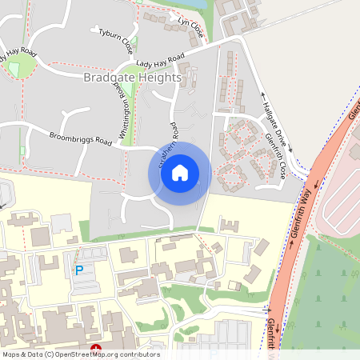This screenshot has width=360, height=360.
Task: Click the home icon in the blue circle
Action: pos(180,172)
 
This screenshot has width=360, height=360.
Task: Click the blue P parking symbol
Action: pos(79,270)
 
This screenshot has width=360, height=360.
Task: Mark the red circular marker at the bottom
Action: pos(96,348)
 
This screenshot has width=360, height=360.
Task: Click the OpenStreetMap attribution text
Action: pos(81,354)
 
